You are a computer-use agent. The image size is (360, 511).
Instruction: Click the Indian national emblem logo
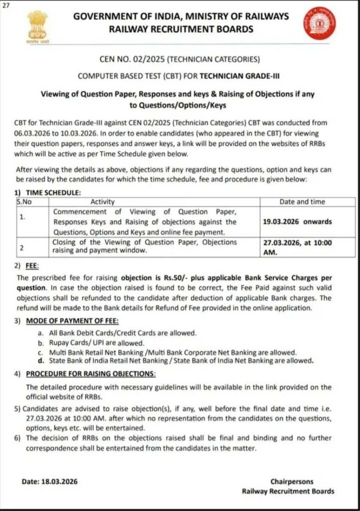(37, 27)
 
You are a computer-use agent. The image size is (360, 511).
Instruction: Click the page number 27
(5, 5)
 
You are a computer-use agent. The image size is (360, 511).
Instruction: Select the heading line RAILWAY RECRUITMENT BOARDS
(181, 29)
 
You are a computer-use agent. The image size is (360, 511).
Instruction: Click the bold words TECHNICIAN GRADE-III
(240, 76)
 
